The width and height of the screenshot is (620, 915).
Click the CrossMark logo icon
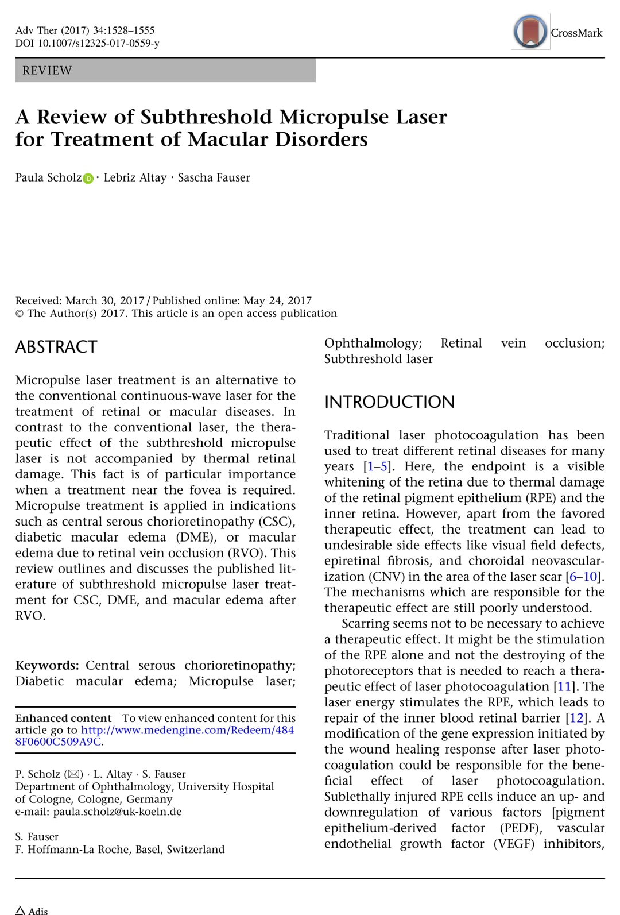[x=530, y=32]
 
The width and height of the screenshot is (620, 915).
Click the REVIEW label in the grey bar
[x=47, y=71]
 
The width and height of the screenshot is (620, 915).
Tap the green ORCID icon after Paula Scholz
[x=88, y=179]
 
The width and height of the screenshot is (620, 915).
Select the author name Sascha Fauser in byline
[x=214, y=177]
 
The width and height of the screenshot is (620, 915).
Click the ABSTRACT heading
[x=56, y=347]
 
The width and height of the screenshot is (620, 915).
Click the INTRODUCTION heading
[x=389, y=402]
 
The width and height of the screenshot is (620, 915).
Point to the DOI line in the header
[x=87, y=43]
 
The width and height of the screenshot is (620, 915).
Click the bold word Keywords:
[x=47, y=665]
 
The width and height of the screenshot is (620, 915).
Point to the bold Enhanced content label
[x=63, y=718]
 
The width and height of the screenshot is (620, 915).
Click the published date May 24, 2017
[x=277, y=300]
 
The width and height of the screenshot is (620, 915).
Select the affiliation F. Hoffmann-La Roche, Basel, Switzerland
[x=120, y=849]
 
